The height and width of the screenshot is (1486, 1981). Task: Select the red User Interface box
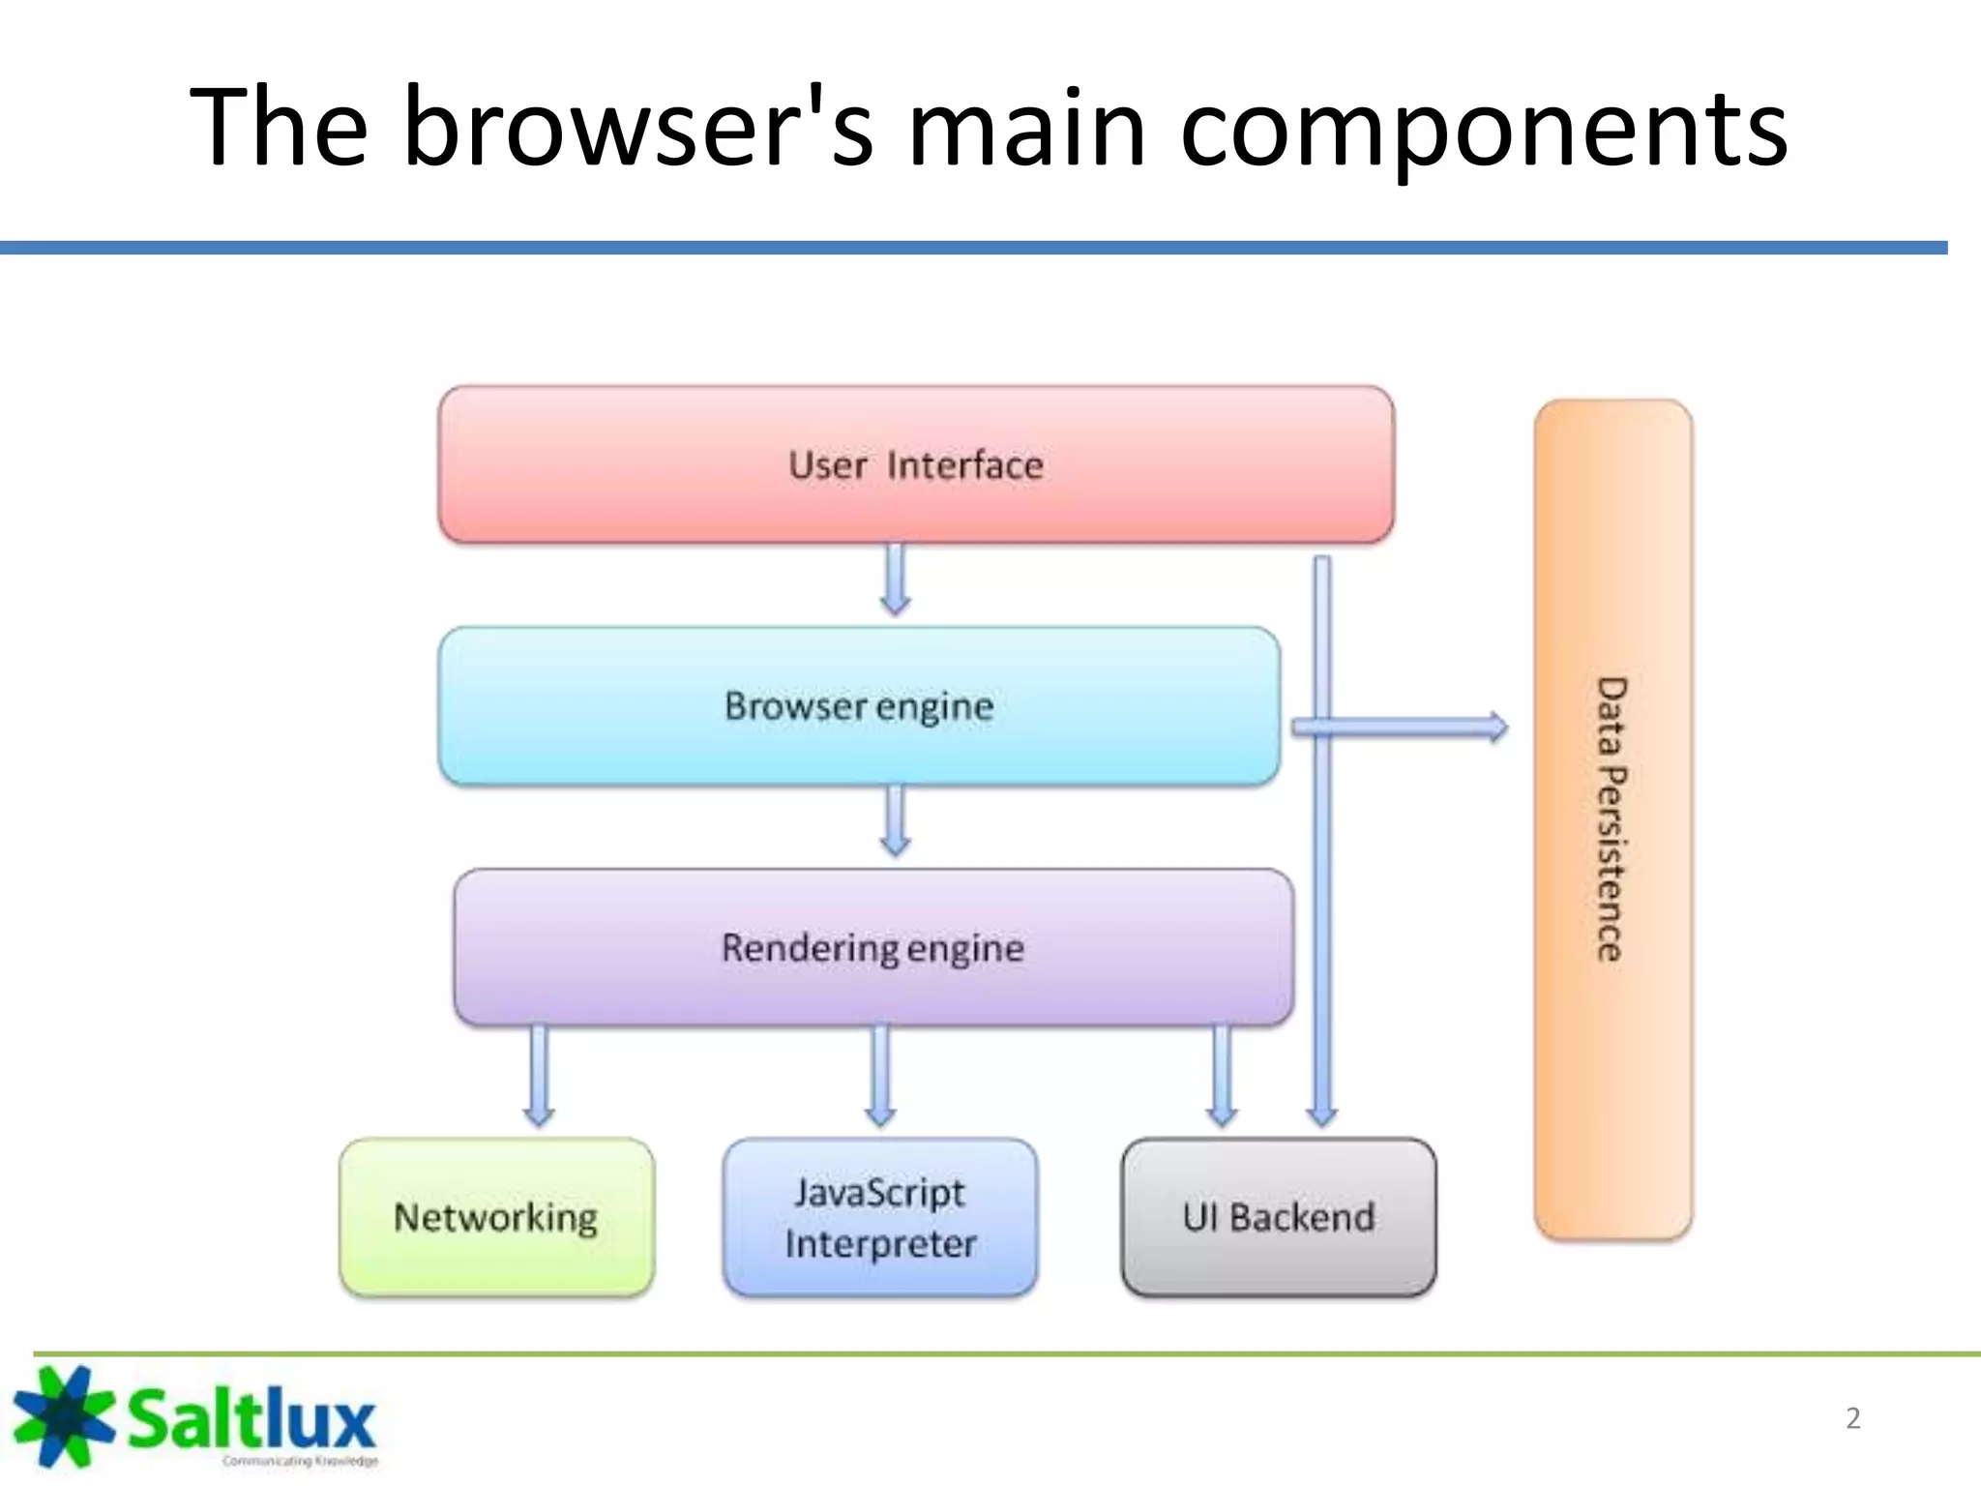pos(915,465)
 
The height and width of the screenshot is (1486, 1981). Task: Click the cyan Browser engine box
pos(858,706)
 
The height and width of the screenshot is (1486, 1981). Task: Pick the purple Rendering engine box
pos(872,948)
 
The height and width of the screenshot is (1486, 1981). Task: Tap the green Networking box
pos(496,1217)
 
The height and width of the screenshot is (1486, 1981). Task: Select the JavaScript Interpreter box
pos(879,1217)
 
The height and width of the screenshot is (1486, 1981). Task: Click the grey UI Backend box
pos(1278,1217)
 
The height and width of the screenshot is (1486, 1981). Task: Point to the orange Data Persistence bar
pos(1612,819)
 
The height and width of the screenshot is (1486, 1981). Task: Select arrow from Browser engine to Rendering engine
pos(896,820)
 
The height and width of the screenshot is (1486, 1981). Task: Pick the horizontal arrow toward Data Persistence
pos(1403,728)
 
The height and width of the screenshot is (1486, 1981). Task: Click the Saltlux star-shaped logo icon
pos(62,1415)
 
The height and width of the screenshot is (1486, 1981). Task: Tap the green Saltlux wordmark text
pos(251,1419)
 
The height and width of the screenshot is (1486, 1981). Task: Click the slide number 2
pos(1852,1418)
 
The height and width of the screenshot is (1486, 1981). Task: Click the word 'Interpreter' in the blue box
pos(880,1244)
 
